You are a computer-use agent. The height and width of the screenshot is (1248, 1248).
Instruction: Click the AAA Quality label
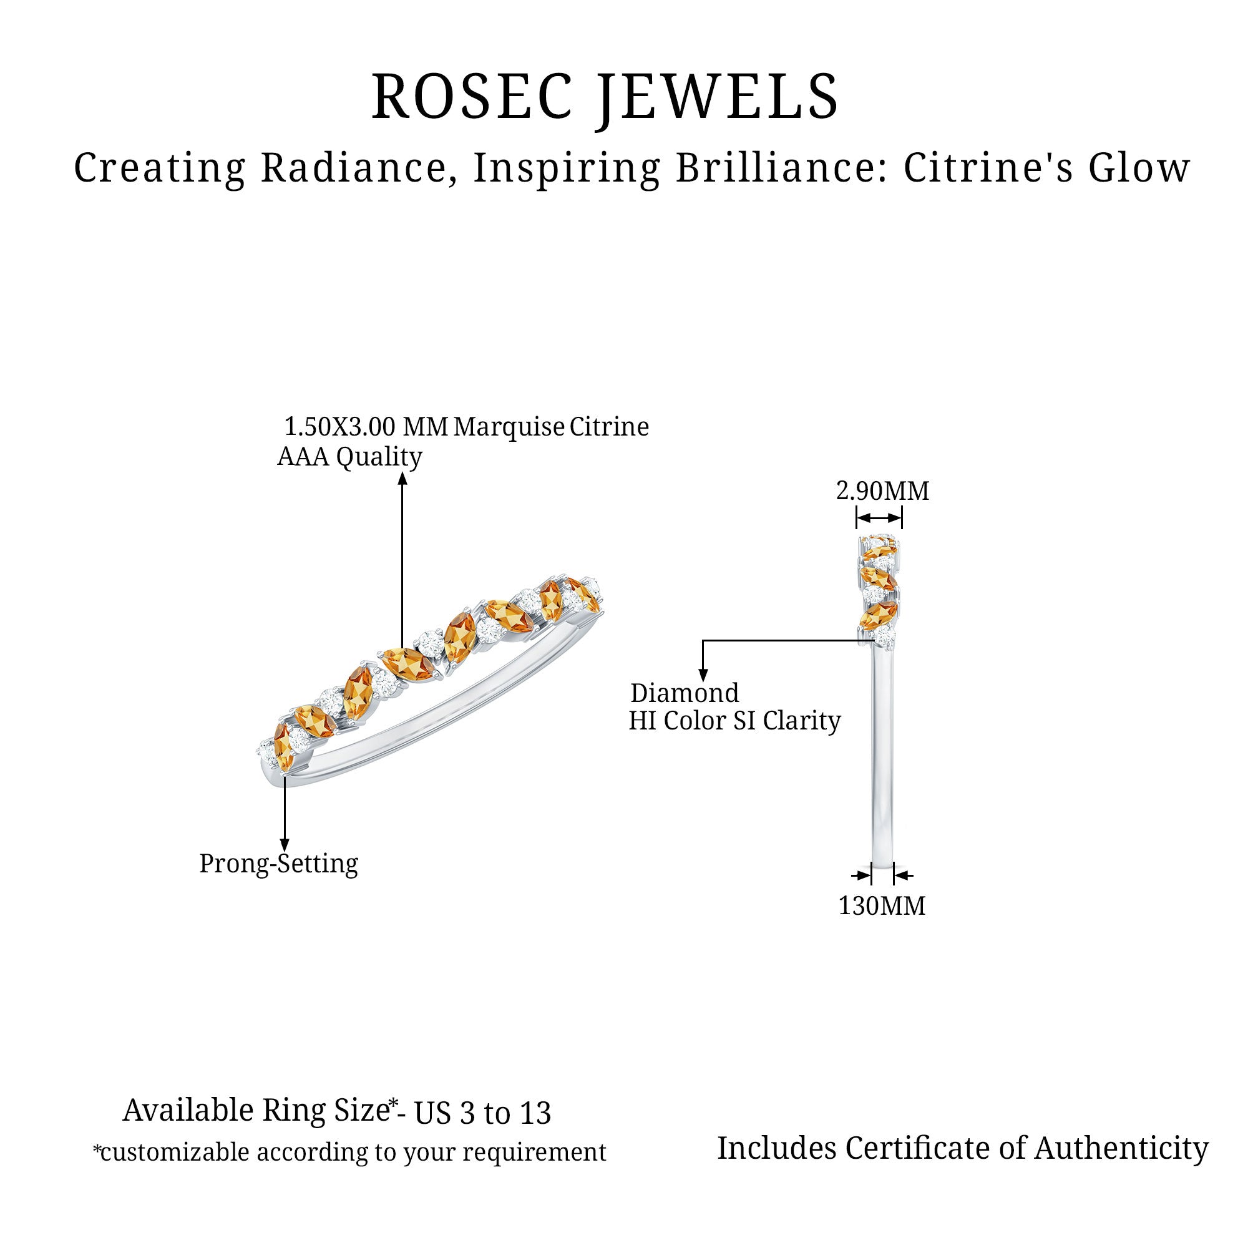click(x=349, y=457)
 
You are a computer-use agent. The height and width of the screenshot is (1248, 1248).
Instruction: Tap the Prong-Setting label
click(x=278, y=864)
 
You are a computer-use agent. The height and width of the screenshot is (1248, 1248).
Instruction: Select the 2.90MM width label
click(x=882, y=491)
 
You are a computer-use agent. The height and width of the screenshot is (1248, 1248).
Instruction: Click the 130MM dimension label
click(x=882, y=905)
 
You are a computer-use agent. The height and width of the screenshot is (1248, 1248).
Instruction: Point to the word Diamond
click(x=685, y=693)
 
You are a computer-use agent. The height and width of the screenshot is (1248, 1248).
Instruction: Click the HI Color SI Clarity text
click(x=734, y=721)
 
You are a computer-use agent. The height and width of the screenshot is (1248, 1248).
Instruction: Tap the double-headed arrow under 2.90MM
click(x=879, y=518)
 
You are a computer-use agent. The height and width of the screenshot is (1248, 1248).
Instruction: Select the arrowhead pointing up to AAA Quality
click(x=402, y=479)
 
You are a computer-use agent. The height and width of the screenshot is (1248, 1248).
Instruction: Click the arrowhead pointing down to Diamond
click(x=703, y=675)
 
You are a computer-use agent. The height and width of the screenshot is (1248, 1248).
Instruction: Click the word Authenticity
click(x=1121, y=1149)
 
